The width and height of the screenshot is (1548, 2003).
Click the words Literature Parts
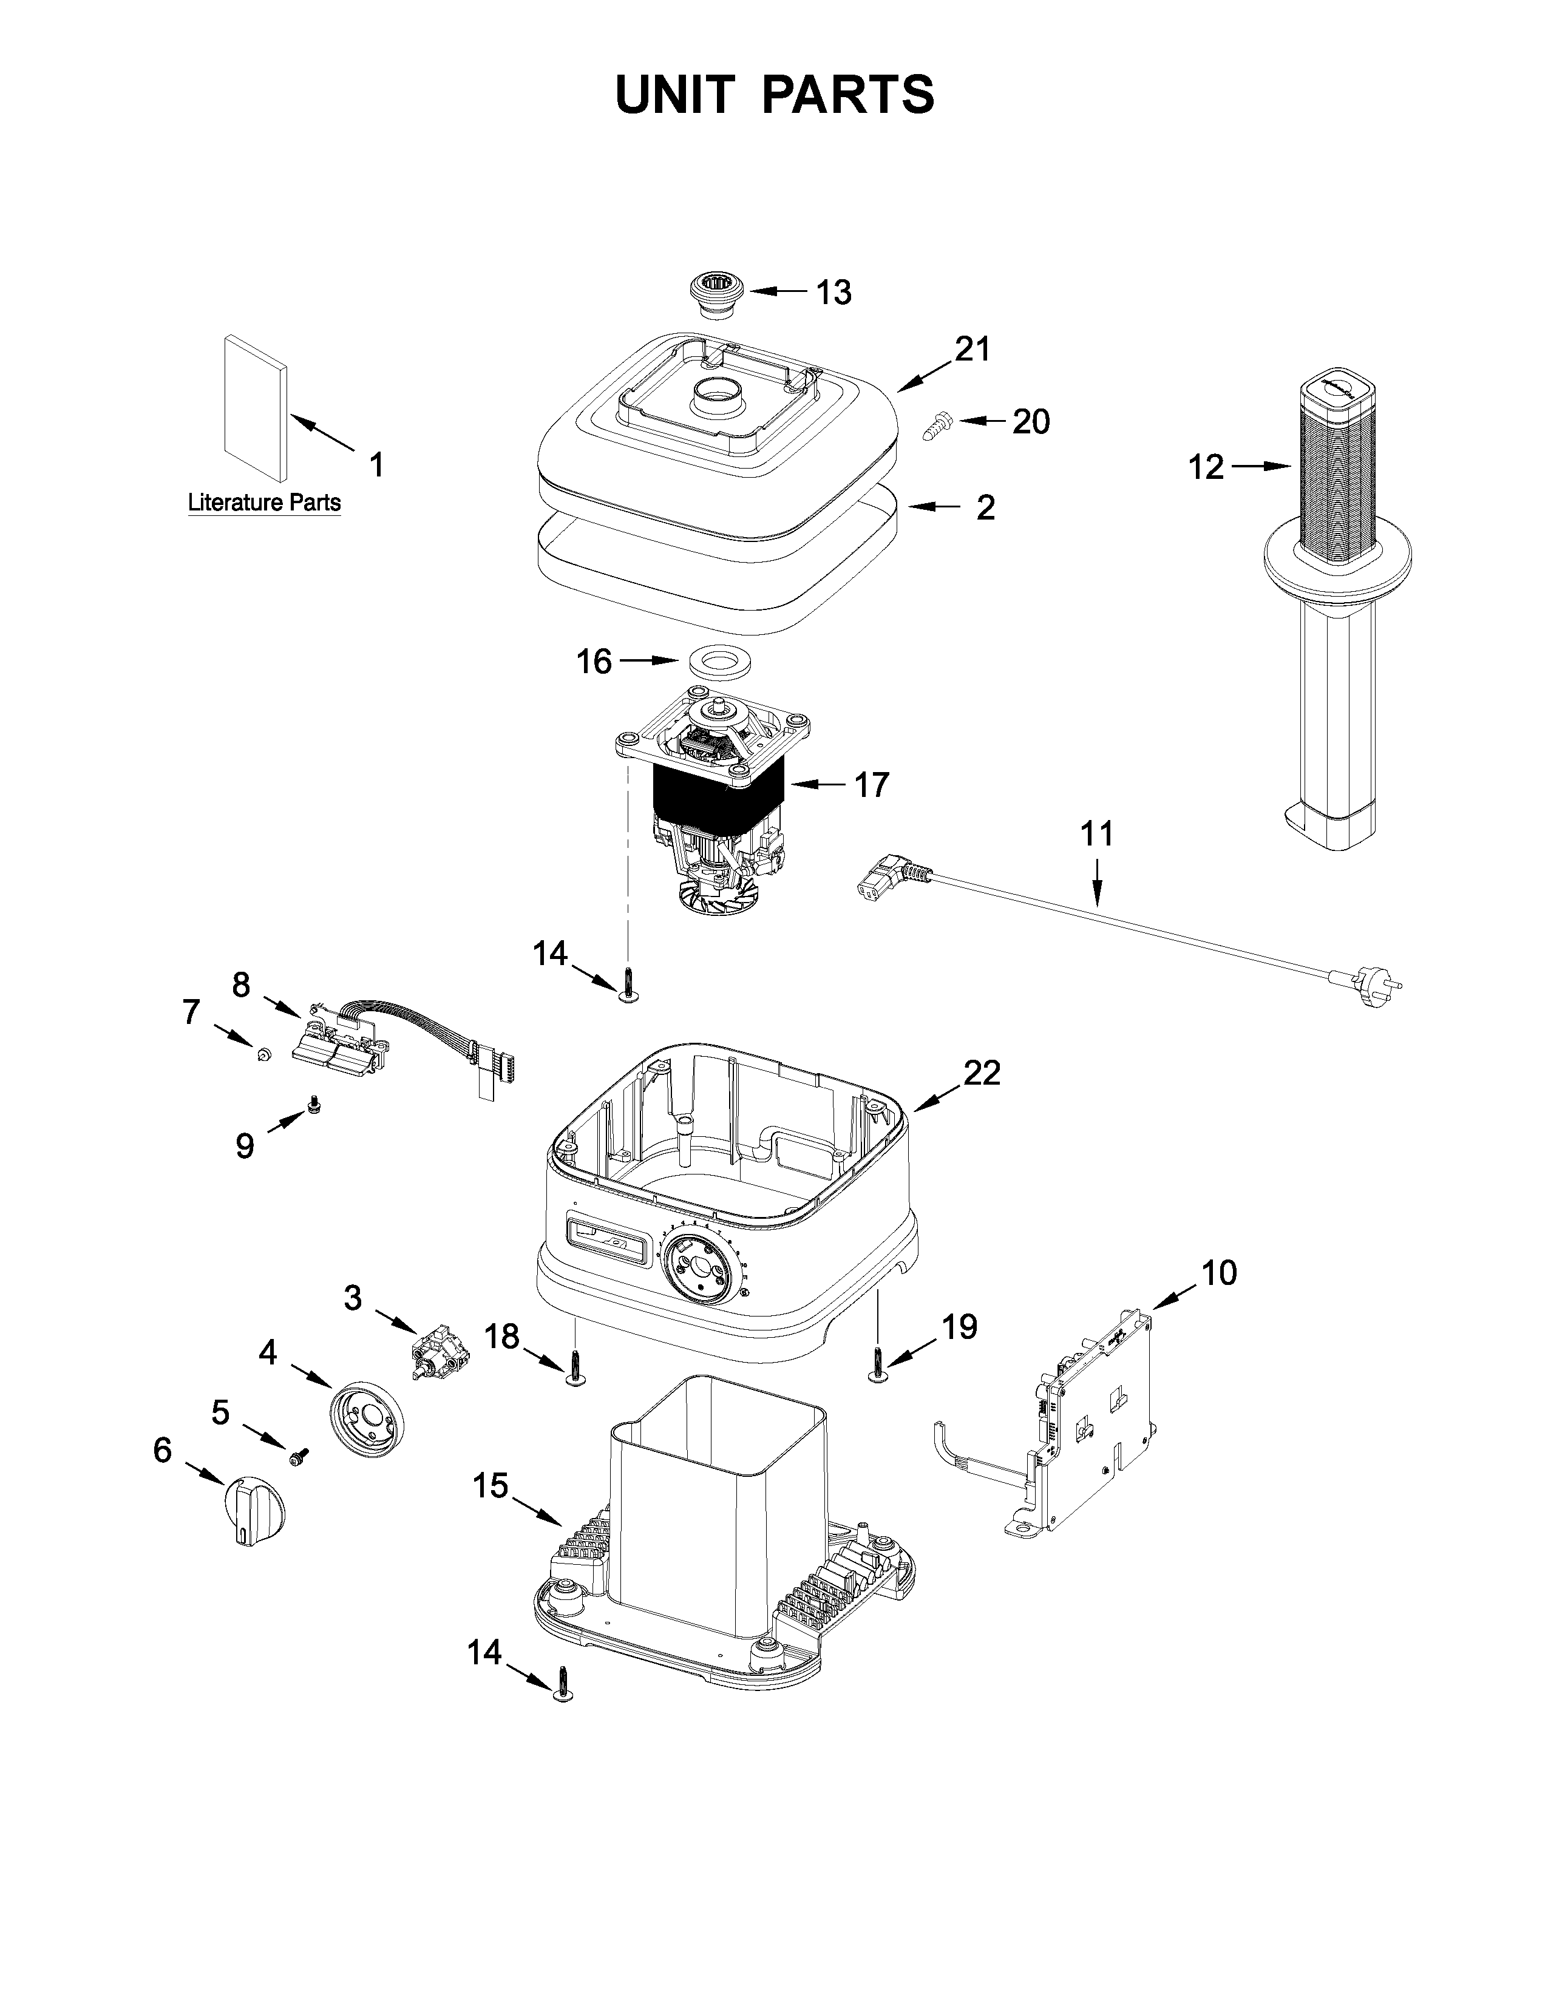coord(263,503)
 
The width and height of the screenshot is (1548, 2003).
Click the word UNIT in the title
coord(674,95)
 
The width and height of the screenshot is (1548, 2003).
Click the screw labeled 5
coord(299,1456)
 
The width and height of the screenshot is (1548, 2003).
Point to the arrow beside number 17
coord(815,785)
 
